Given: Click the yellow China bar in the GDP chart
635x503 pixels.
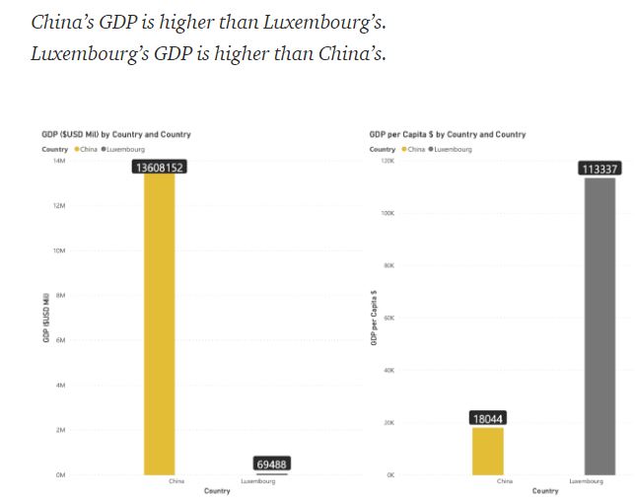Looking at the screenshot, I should point(159,325).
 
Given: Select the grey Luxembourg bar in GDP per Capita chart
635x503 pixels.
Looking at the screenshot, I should point(600,325).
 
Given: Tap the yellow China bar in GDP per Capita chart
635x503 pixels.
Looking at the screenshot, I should point(488,451).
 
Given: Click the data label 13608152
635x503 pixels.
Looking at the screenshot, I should point(159,167).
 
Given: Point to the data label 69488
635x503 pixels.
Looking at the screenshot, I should point(271,464).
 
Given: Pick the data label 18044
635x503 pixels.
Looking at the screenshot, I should point(488,418).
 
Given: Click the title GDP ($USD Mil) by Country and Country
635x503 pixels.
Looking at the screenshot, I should point(116,134).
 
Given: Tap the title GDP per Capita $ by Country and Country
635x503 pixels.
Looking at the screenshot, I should point(448,134).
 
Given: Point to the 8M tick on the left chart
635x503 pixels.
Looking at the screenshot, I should point(60,295).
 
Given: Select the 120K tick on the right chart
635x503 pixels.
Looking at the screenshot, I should point(387,160).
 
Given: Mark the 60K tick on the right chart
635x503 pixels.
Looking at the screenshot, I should point(388,318).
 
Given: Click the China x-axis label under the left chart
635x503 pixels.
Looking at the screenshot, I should point(176,481).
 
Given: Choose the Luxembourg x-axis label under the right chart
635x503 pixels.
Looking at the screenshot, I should point(586,481).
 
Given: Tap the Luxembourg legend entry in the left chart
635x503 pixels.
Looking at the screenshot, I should point(123,149).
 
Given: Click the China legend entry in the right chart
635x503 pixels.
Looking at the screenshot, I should point(415,149).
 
